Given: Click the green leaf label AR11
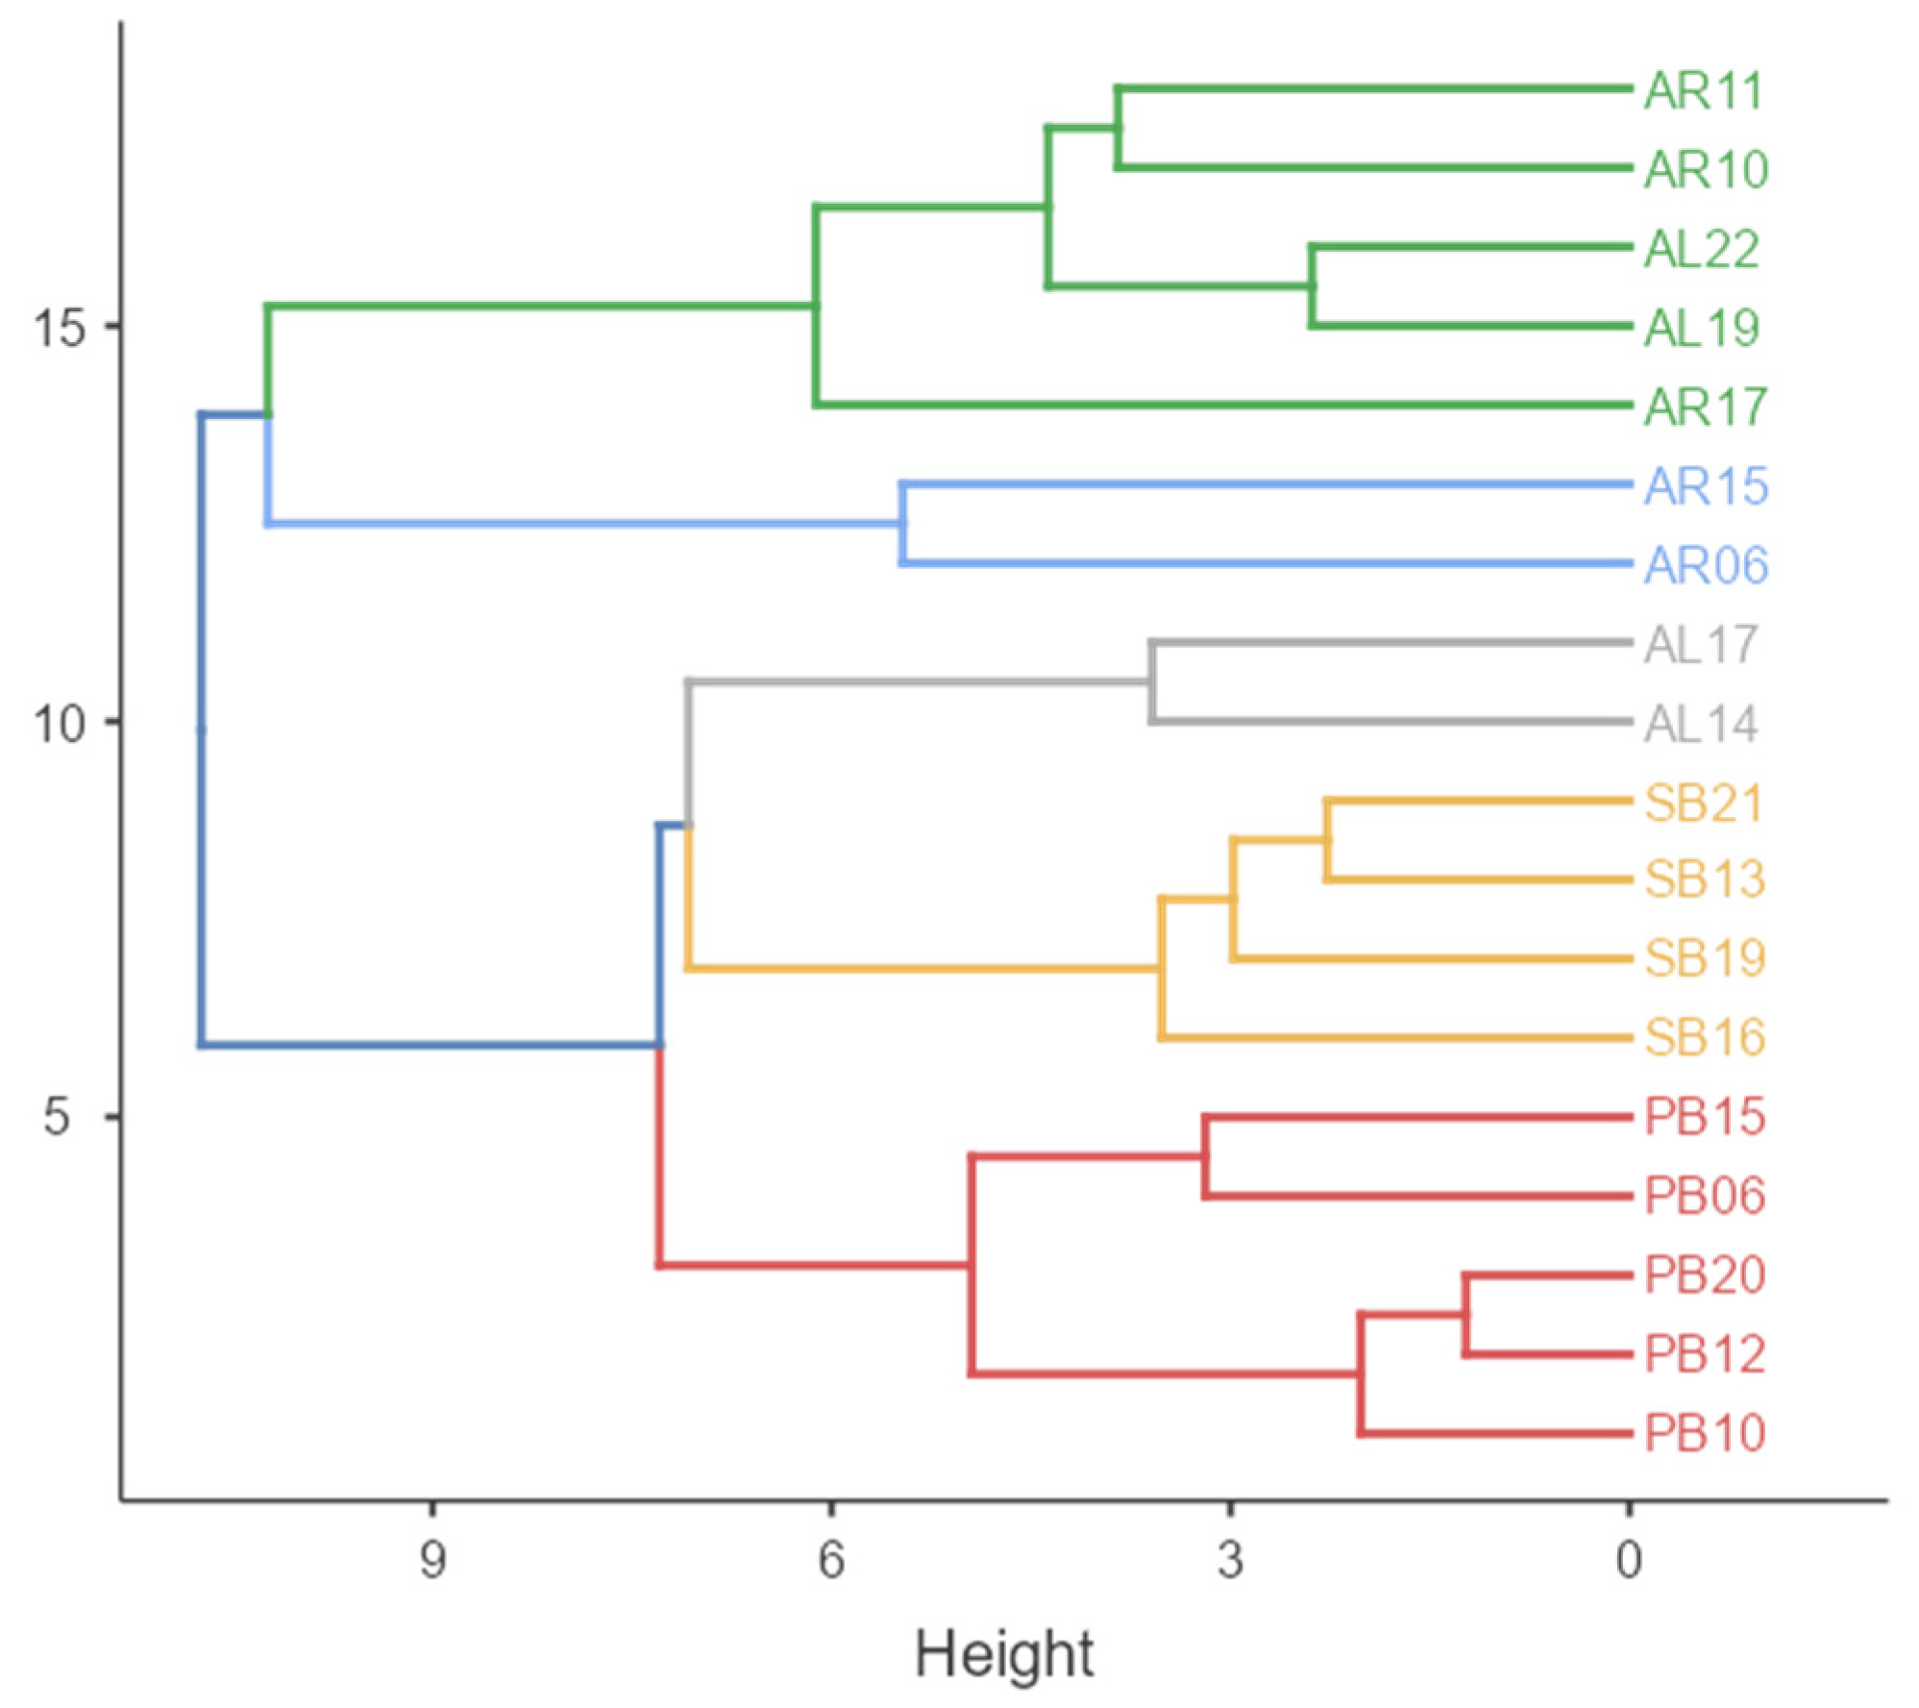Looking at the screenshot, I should pyautogui.click(x=1703, y=91).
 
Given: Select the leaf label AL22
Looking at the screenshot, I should pyautogui.click(x=1701, y=250).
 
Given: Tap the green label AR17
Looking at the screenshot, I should pyautogui.click(x=1705, y=408).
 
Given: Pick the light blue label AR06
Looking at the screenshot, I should pyautogui.click(x=1706, y=565).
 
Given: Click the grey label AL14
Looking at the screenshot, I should pyautogui.click(x=1701, y=724).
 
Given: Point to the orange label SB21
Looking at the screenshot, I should pyautogui.click(x=1703, y=803).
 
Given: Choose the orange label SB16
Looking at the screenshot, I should pyautogui.click(x=1705, y=1037).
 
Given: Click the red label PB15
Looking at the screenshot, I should pyautogui.click(x=1705, y=1117).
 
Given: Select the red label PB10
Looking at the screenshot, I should pyautogui.click(x=1705, y=1433).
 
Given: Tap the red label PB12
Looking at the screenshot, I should pyautogui.click(x=1705, y=1354).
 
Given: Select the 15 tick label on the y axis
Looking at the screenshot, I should pyautogui.click(x=60, y=328).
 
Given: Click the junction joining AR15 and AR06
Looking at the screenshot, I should pyautogui.click(x=902, y=524).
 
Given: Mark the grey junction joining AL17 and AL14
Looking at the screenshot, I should pyautogui.click(x=1151, y=681).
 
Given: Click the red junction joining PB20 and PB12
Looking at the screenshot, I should pyautogui.click(x=1465, y=1315).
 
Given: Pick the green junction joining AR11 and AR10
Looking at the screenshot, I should pyautogui.click(x=1117, y=128).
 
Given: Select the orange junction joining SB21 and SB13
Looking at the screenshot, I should pyautogui.click(x=1327, y=840).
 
